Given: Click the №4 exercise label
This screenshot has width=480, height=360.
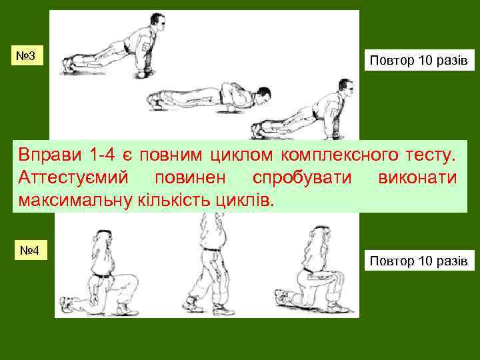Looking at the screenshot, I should pyautogui.click(x=31, y=251).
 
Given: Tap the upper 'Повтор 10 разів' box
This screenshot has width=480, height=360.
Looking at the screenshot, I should pyautogui.click(x=418, y=61).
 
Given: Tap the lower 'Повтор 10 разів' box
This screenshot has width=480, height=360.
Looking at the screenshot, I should pyautogui.click(x=418, y=260).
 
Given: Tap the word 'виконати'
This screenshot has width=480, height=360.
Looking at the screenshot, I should pyautogui.click(x=417, y=178).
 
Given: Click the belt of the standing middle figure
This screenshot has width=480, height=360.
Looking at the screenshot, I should pyautogui.click(x=212, y=249).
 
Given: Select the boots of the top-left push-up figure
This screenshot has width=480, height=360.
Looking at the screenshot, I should pyautogui.click(x=69, y=65).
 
